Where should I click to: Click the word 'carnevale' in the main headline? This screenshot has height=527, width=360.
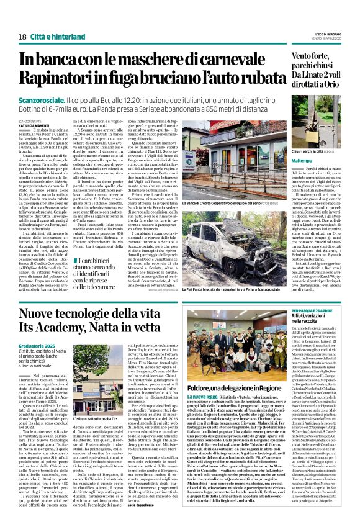217,60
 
